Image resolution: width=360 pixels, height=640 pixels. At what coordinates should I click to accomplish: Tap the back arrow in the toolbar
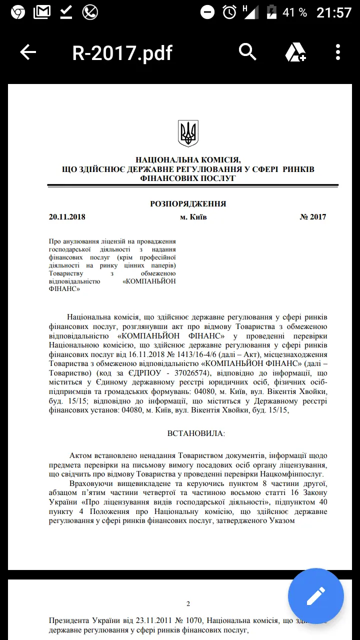28,52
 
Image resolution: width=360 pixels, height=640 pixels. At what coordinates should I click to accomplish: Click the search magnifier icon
247,51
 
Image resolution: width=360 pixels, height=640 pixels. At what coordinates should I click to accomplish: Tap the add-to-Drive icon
295,52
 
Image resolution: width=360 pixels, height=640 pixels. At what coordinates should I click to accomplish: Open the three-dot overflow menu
338,52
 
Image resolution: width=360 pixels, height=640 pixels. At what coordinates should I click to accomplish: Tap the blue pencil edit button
316,596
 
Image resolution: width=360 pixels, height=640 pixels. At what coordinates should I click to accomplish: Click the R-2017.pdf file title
122,52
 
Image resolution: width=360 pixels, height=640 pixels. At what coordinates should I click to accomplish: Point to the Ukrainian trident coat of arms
188,133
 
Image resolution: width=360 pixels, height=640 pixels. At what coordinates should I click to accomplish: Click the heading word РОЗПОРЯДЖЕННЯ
188,204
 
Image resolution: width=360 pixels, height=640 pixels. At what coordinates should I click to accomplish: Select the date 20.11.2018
67,217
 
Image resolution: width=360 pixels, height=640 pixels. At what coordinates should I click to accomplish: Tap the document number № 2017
313,217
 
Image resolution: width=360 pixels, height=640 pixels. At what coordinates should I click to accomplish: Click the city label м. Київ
193,217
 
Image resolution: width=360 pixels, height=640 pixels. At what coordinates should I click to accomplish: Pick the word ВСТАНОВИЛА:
196,433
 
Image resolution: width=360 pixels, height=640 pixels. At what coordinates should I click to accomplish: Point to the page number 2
188,603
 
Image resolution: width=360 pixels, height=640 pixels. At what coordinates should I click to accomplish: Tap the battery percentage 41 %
294,12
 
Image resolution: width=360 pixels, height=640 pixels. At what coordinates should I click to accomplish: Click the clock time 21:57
334,12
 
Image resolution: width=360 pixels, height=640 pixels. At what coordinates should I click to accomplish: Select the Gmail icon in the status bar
42,12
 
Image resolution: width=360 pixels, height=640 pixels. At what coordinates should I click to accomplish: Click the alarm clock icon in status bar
229,12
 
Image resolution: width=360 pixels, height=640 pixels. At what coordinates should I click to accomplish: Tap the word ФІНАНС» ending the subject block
65,288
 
